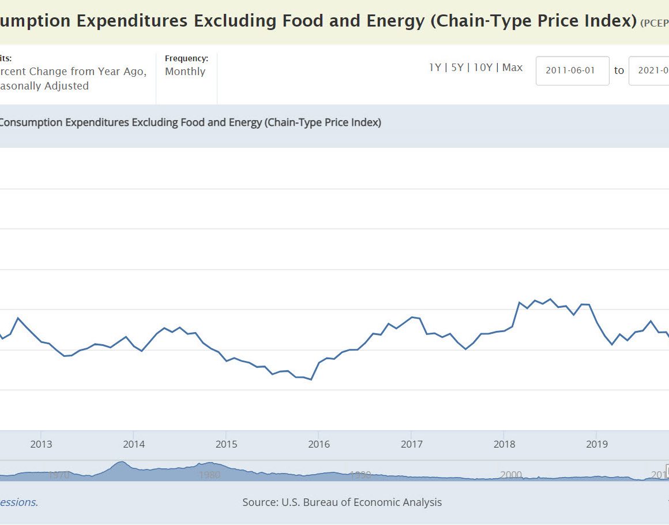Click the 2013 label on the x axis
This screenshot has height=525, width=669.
pyautogui.click(x=41, y=444)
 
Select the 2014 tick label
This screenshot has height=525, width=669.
pyautogui.click(x=134, y=444)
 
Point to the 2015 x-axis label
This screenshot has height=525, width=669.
pyautogui.click(x=226, y=444)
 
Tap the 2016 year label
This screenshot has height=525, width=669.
pyautogui.click(x=319, y=444)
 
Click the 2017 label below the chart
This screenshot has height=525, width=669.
pyautogui.click(x=412, y=444)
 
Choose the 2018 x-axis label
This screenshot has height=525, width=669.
pyautogui.click(x=504, y=444)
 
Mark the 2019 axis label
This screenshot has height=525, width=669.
pyautogui.click(x=597, y=444)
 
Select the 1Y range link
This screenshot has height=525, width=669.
pyautogui.click(x=435, y=68)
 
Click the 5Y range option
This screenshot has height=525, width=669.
pyautogui.click(x=457, y=68)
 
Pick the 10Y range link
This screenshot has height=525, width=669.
pyautogui.click(x=483, y=68)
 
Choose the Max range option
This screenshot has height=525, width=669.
pyautogui.click(x=512, y=68)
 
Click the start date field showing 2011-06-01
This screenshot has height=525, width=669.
pyautogui.click(x=572, y=70)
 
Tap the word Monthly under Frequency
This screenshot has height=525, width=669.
pyautogui.click(x=185, y=72)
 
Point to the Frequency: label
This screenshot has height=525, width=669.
pyautogui.click(x=186, y=58)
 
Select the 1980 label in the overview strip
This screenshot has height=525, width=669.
pyautogui.click(x=209, y=475)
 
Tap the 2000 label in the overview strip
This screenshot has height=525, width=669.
pyautogui.click(x=511, y=475)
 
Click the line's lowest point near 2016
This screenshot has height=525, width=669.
pyautogui.click(x=311, y=379)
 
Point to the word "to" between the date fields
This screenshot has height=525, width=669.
pyautogui.click(x=619, y=70)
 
